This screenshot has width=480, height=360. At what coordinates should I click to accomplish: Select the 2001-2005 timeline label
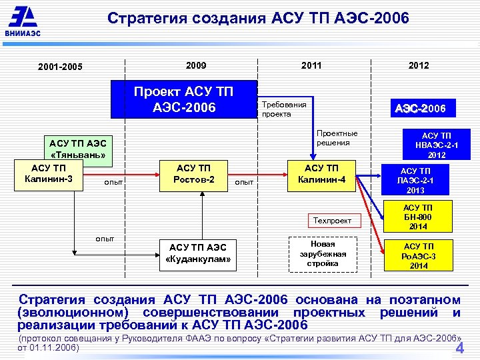(x=60, y=67)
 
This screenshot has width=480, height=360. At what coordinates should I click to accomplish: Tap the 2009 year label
(x=196, y=65)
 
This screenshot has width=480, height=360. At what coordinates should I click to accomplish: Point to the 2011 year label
(x=311, y=65)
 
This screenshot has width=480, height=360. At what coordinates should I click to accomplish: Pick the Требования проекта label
(x=285, y=109)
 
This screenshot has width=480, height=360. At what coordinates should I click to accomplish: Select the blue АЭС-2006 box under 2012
(x=420, y=108)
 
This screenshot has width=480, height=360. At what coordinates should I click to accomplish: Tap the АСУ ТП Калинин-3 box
(x=48, y=174)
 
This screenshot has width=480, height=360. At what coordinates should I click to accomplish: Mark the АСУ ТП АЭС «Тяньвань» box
(x=77, y=150)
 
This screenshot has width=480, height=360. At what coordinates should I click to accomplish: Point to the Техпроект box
(x=332, y=220)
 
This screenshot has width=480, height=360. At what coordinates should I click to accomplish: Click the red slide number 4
(x=459, y=349)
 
